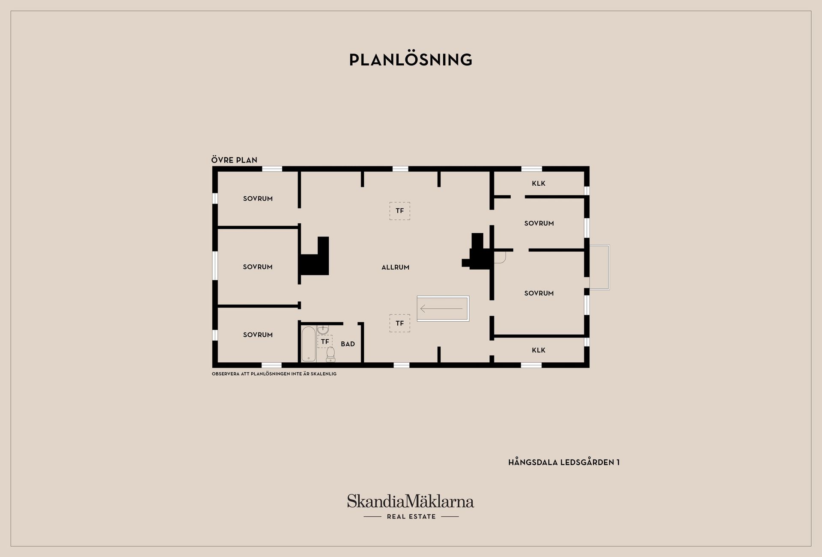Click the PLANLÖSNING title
(411, 60)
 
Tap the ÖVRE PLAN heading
(234, 160)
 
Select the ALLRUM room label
(396, 267)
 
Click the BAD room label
(348, 344)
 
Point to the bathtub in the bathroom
(308, 344)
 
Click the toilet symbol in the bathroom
(331, 354)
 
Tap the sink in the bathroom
(323, 329)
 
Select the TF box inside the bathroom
(325, 341)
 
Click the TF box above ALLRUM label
(400, 211)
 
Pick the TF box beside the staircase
(400, 323)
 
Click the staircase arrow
(441, 308)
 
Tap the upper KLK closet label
(539, 184)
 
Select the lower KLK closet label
(539, 350)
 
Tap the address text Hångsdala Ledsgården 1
(564, 462)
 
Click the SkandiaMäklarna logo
(411, 501)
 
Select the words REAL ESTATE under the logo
(411, 517)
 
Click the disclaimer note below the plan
(274, 374)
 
